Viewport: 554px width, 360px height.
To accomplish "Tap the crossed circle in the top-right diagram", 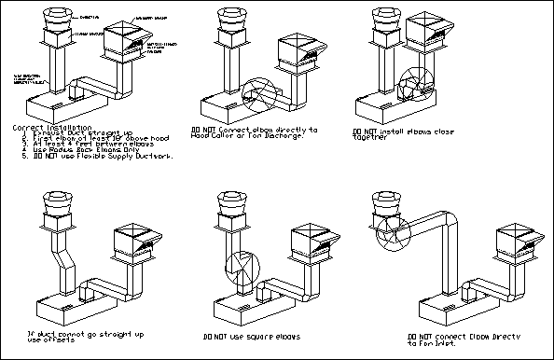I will click(x=414, y=83).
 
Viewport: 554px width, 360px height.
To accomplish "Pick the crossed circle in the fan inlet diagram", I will click(x=388, y=235).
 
